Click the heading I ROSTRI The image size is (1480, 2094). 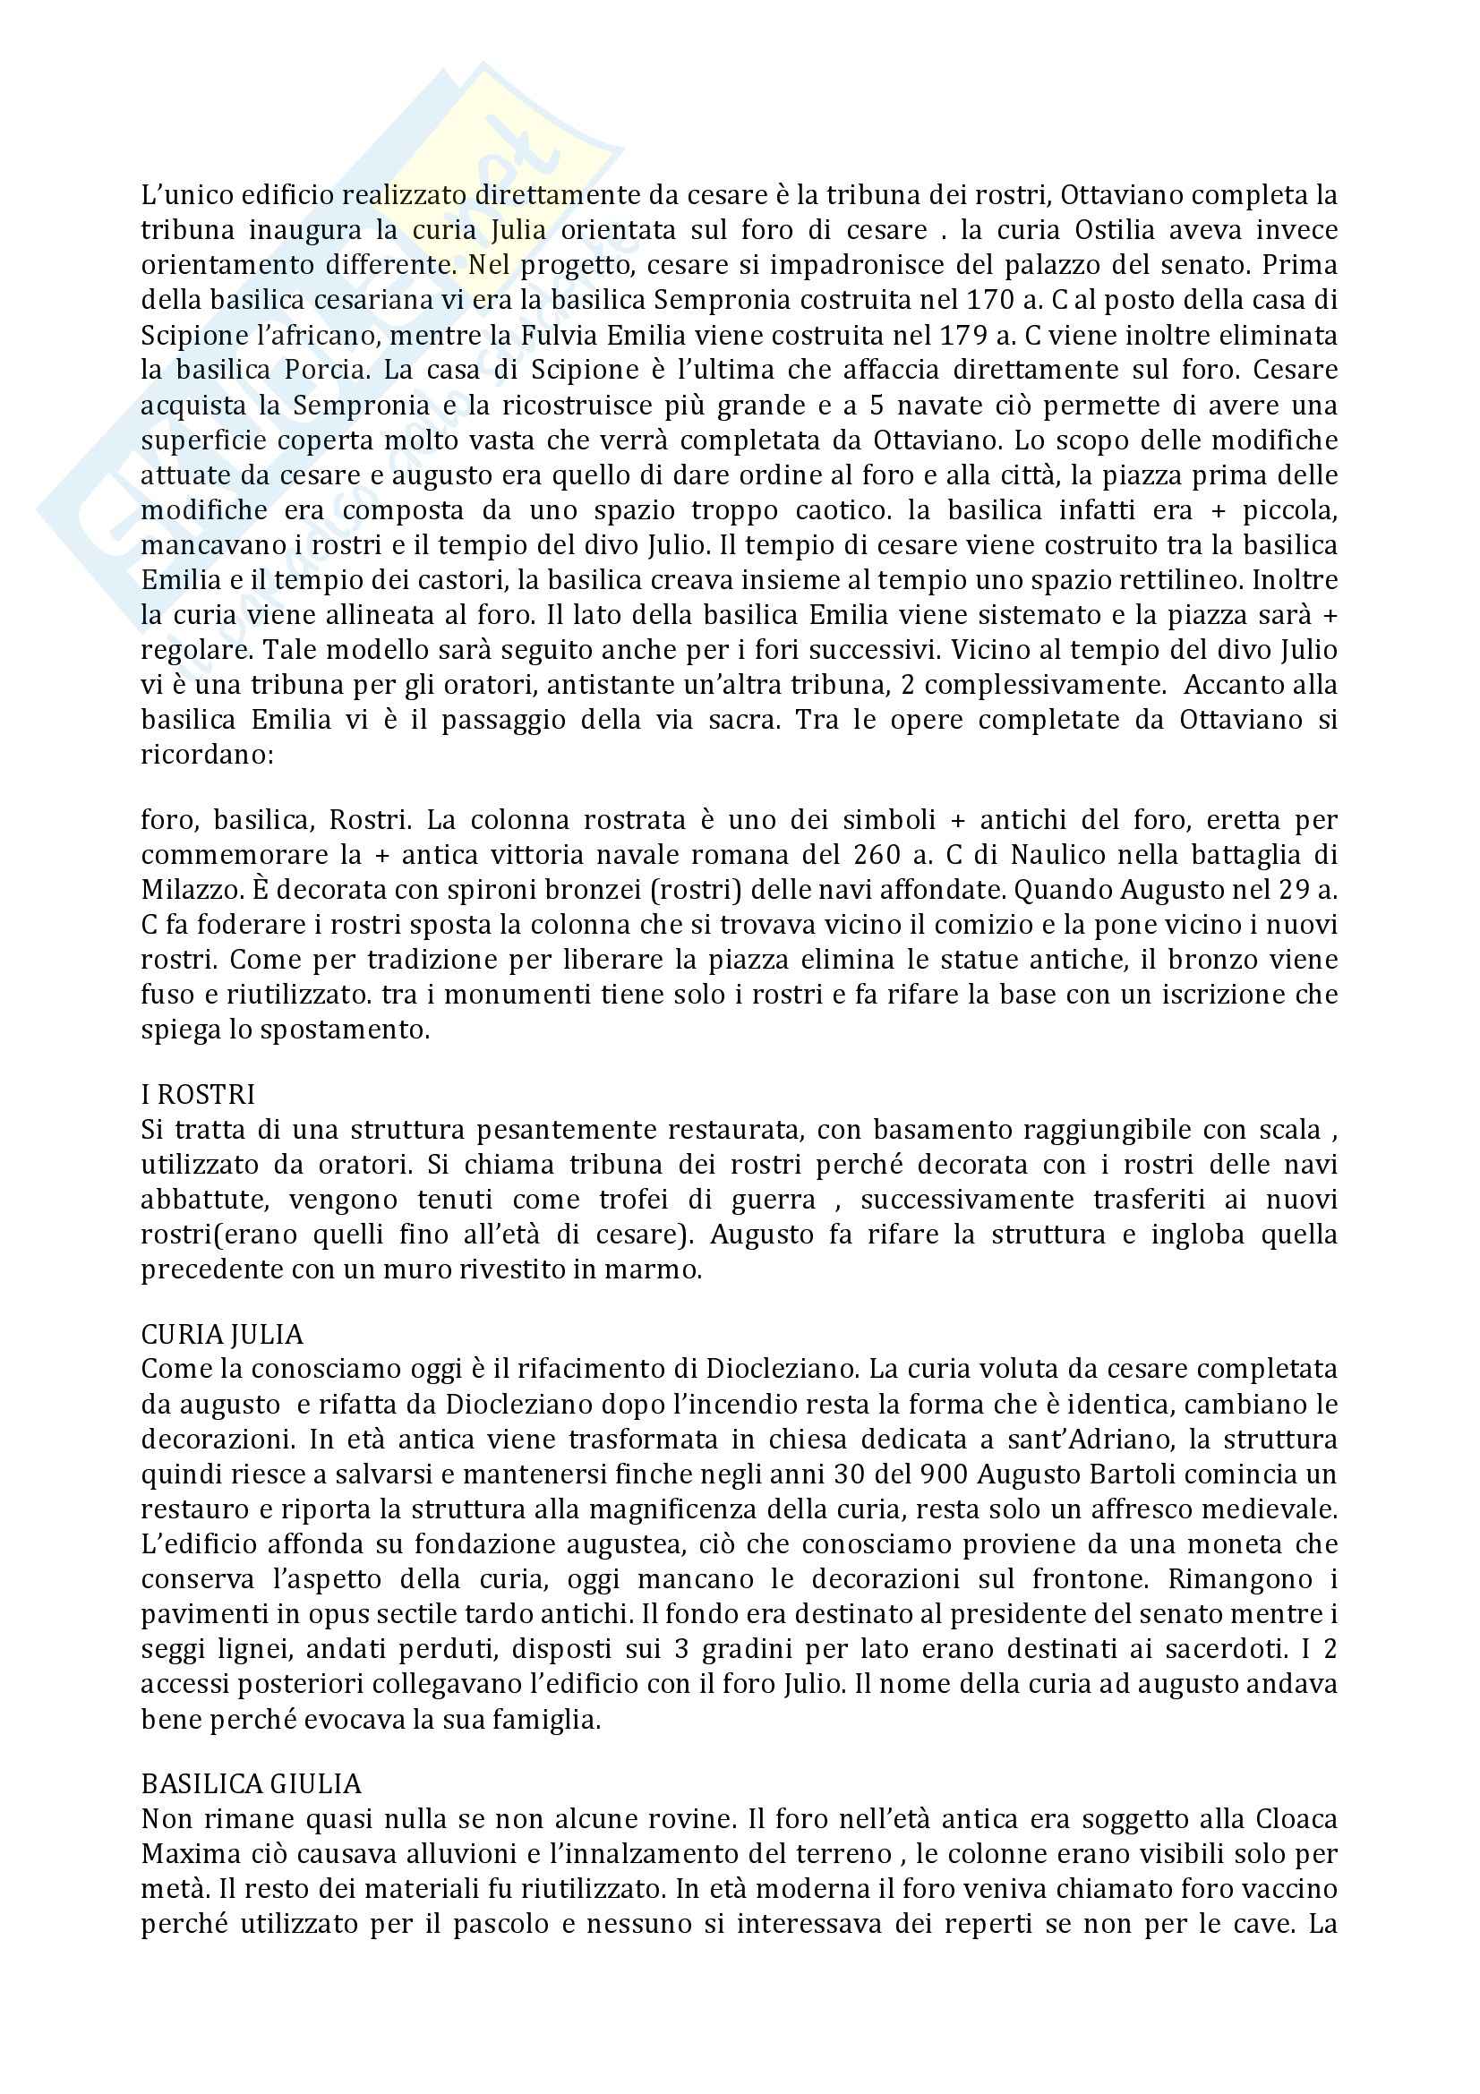point(197,1093)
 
